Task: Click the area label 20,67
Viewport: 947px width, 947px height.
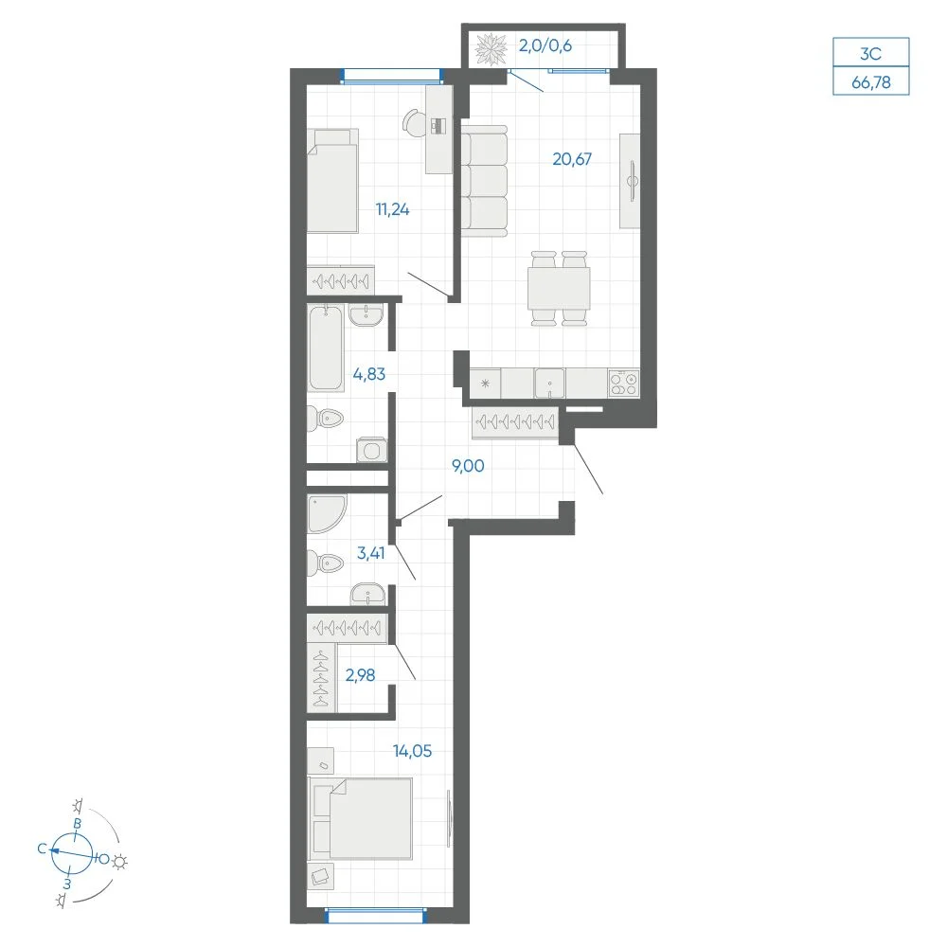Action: tap(572, 159)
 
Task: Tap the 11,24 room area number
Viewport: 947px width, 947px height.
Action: tap(393, 209)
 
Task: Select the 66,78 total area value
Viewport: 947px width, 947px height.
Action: tap(871, 82)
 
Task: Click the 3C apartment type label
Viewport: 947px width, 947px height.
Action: tap(871, 54)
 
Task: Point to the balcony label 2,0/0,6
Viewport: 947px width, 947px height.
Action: tap(545, 45)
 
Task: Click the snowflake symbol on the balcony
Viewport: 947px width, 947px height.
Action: tap(491, 49)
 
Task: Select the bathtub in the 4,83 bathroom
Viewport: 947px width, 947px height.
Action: tap(326, 348)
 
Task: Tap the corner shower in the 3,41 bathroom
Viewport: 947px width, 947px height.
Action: tap(326, 514)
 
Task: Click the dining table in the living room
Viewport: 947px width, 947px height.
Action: tap(559, 289)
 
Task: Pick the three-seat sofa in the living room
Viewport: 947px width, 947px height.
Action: tap(484, 181)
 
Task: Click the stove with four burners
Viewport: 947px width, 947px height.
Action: tap(624, 384)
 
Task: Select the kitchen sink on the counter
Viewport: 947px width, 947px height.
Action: tap(549, 384)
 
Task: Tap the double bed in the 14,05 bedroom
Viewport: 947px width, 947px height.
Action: tap(361, 818)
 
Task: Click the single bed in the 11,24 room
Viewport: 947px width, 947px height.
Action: tap(332, 181)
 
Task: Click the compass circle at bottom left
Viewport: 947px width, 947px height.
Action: tap(72, 854)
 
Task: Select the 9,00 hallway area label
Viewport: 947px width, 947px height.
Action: tap(468, 466)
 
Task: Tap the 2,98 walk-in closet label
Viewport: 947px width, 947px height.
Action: tap(360, 675)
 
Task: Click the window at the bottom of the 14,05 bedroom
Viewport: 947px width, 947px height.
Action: tap(376, 916)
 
